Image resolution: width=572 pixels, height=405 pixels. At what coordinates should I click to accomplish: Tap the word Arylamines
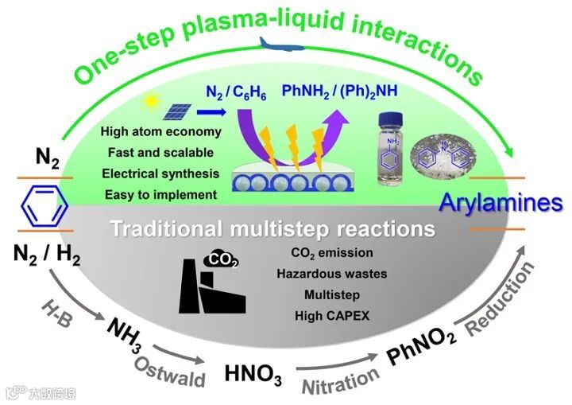pyautogui.click(x=501, y=203)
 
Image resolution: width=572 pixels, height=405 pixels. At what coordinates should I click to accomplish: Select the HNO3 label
pyautogui.click(x=253, y=373)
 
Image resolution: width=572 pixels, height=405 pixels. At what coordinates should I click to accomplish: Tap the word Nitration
pyautogui.click(x=339, y=382)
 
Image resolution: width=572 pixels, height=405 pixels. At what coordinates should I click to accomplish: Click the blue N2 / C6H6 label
pyautogui.click(x=236, y=94)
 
